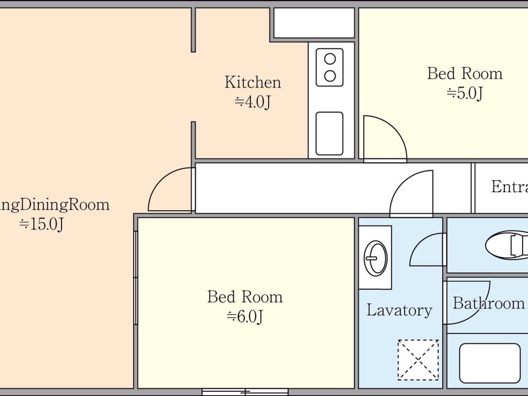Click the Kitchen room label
(x=253, y=82)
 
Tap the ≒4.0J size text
(x=253, y=102)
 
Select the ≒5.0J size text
(x=465, y=93)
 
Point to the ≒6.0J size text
(x=245, y=316)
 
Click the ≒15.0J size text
(x=41, y=224)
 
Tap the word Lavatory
(x=399, y=310)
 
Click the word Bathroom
(x=488, y=303)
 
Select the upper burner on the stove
(x=330, y=59)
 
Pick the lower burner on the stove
(x=330, y=76)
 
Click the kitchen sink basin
(x=329, y=134)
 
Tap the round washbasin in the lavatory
(x=376, y=258)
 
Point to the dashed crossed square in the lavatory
(x=418, y=360)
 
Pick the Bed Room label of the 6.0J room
(x=245, y=297)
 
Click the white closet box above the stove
(x=314, y=23)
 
